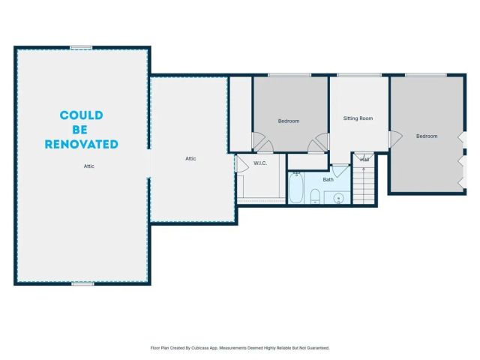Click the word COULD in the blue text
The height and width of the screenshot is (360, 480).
click(82, 115)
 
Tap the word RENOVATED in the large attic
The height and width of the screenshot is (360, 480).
click(82, 143)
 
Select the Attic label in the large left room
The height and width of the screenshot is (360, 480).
click(88, 166)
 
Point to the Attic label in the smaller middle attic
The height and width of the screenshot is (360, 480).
click(190, 158)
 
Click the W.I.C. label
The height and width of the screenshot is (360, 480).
click(261, 163)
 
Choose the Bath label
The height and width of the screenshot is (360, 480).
click(328, 179)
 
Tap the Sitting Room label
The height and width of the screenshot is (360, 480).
click(358, 118)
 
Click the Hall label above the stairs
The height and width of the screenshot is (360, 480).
click(364, 160)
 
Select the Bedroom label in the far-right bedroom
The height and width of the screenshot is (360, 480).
click(427, 136)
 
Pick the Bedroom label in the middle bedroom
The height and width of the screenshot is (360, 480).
click(289, 121)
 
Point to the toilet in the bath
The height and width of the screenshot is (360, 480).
click(316, 196)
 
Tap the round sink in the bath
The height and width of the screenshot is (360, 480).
click(338, 198)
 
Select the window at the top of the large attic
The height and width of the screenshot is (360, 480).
click(81, 48)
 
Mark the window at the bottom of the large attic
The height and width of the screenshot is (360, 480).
click(82, 283)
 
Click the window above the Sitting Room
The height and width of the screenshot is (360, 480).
click(352, 75)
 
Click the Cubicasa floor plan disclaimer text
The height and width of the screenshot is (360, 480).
click(240, 348)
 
